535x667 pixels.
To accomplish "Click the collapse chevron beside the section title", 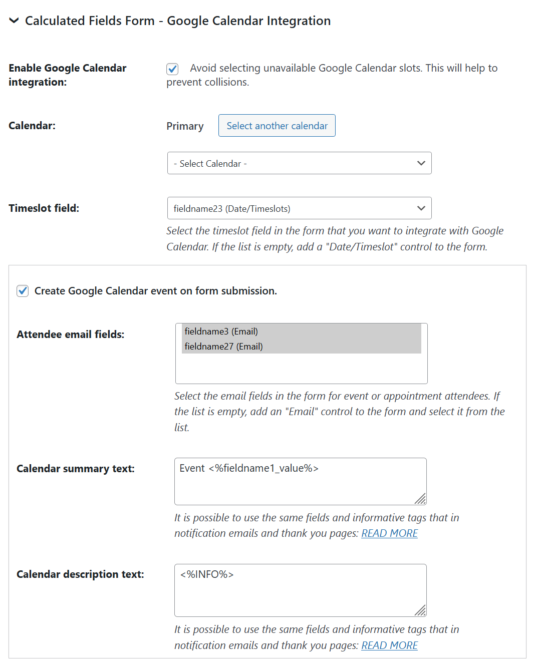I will (x=14, y=21).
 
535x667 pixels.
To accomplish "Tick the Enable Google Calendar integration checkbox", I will (x=172, y=69).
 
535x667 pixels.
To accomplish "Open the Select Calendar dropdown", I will (x=299, y=163).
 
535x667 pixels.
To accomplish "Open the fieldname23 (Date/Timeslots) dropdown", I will (x=299, y=208).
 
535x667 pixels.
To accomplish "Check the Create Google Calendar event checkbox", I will (x=23, y=291).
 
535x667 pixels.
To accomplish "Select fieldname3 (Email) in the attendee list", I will (x=221, y=331).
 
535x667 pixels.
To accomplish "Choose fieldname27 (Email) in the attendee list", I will (x=223, y=347).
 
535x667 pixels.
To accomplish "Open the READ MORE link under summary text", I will (x=389, y=533).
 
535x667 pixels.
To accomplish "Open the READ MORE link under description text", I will (x=389, y=645).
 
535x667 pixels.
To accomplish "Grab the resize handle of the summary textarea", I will (x=421, y=499).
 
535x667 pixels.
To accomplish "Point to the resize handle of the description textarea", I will (x=421, y=610).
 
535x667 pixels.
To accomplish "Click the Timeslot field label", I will (x=44, y=208).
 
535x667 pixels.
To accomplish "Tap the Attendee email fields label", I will (x=70, y=335).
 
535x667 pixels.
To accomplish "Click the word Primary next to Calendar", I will (x=185, y=126).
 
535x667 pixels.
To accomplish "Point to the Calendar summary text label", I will (x=75, y=469).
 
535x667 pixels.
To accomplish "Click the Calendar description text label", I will (x=80, y=574).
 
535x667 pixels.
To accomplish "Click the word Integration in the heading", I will (x=299, y=21).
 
